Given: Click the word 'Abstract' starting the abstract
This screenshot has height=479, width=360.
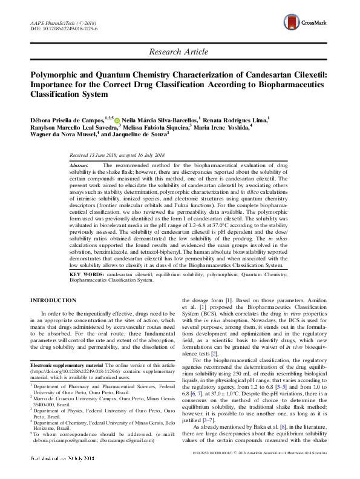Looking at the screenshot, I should [79, 165].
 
